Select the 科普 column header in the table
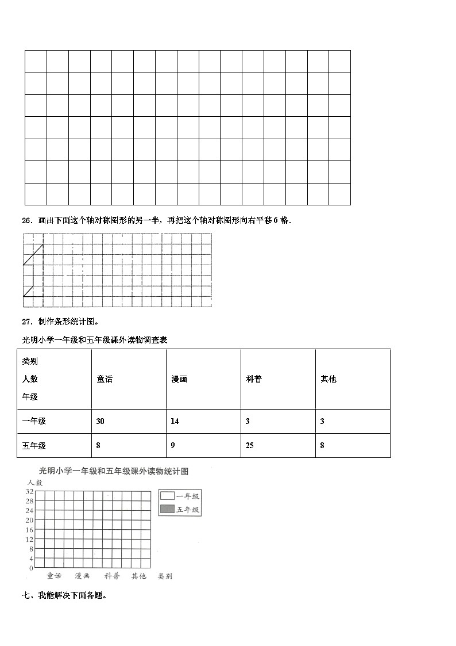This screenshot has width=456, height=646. tap(253, 379)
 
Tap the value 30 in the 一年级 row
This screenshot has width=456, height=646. tap(101, 421)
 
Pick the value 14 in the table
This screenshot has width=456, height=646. tap(175, 421)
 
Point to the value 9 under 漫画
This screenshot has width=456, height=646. tap(173, 445)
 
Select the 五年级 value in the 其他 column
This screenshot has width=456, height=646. tap(322, 445)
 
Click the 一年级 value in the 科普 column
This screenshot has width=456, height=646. tap(248, 421)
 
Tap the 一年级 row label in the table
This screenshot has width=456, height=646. tap(34, 421)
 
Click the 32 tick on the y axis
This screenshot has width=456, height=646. tap(29, 491)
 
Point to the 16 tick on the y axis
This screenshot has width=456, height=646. tap(29, 530)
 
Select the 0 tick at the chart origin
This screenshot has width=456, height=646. tap(30, 568)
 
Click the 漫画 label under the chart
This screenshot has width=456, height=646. tap(82, 576)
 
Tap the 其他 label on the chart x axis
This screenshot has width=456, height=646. tap(138, 576)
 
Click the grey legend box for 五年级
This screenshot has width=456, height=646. tap(167, 509)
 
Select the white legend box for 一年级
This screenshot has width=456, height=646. tap(167, 496)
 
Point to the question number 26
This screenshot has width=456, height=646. tap(26, 220)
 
